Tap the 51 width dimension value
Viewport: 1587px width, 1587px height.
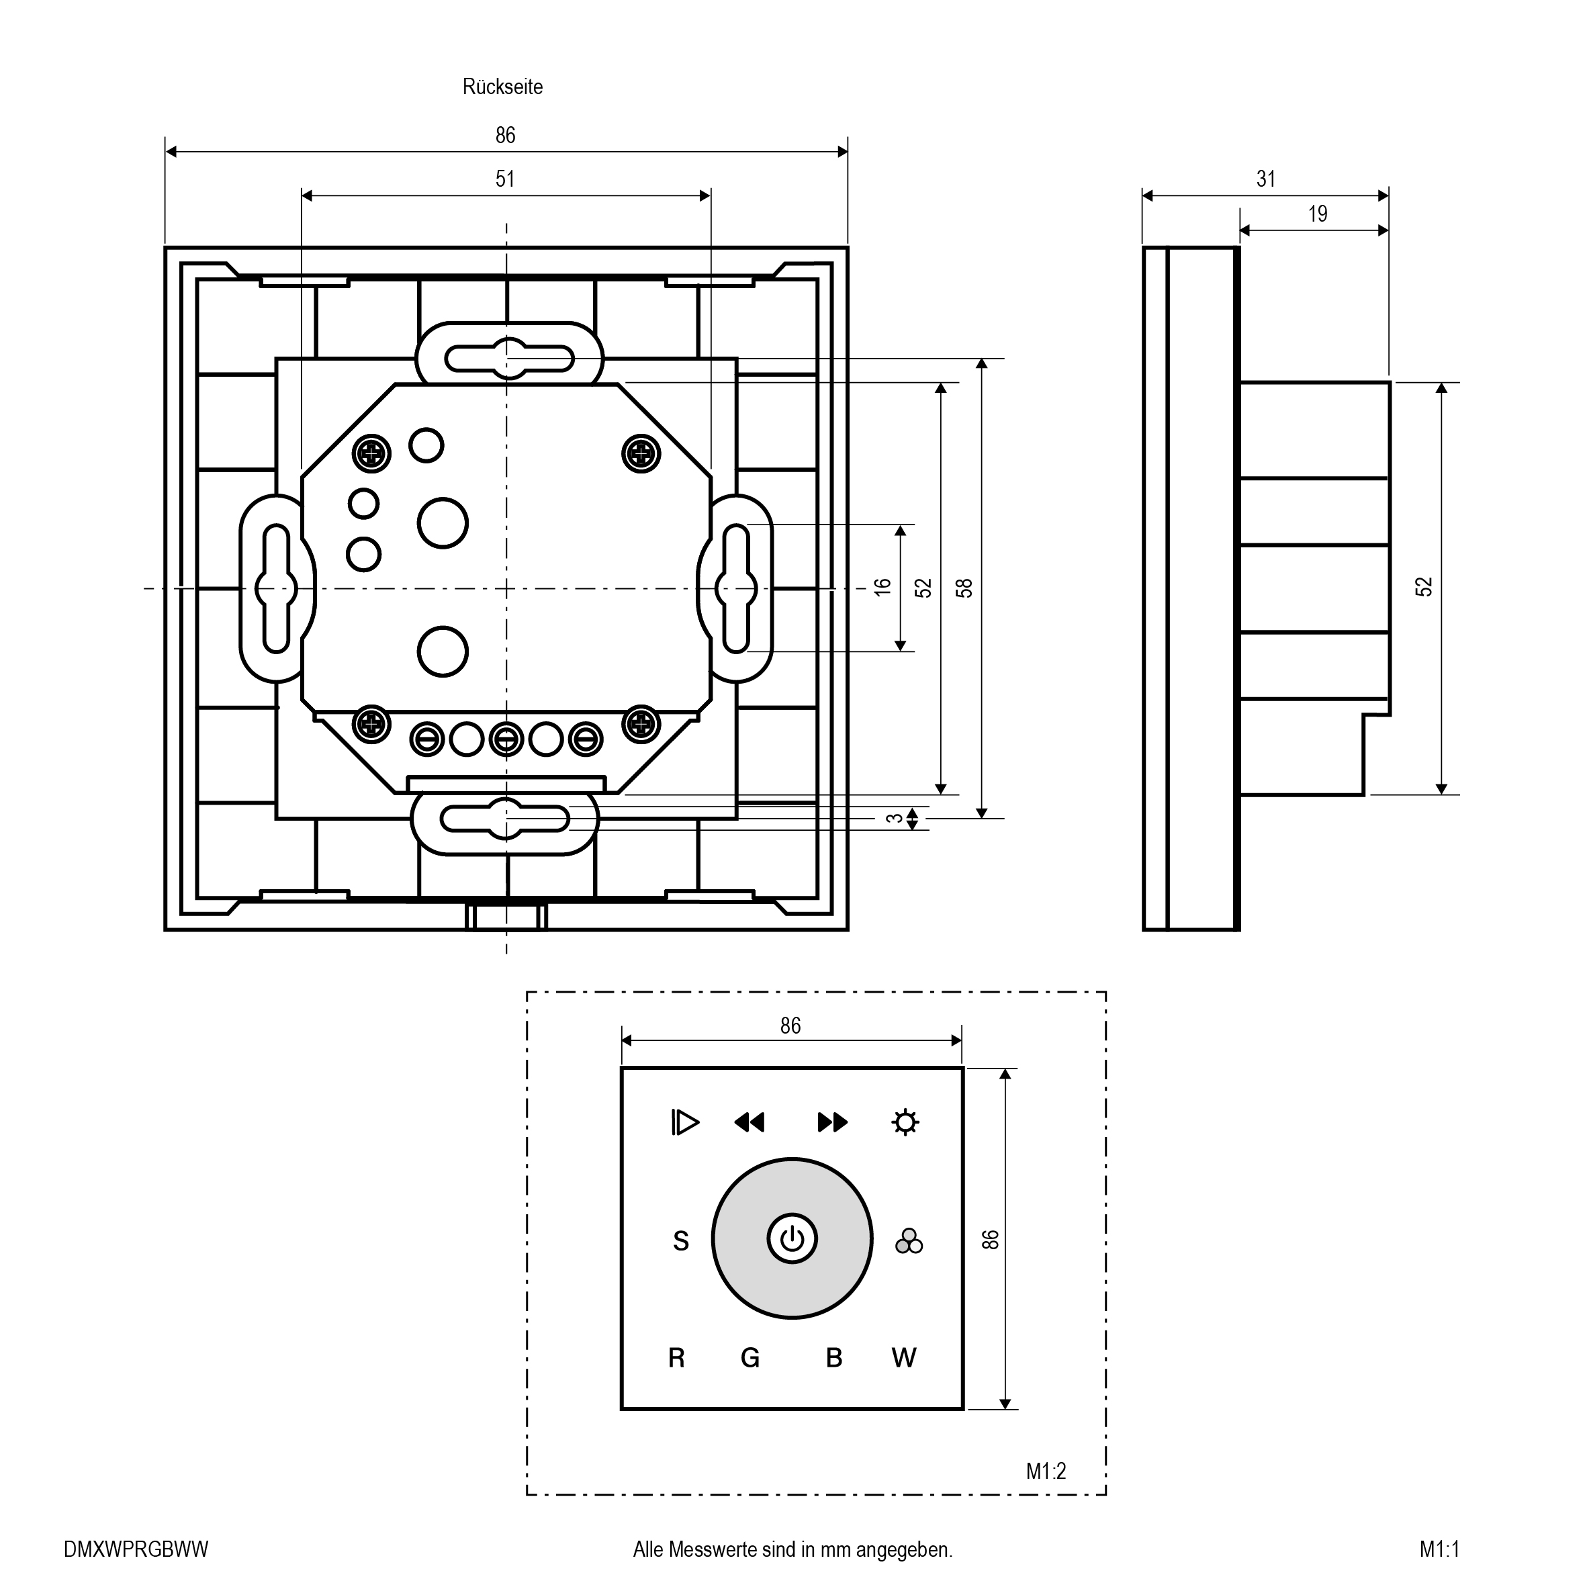click(504, 179)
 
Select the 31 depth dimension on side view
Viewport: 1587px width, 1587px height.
click(1266, 179)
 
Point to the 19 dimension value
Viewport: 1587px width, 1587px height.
click(1318, 214)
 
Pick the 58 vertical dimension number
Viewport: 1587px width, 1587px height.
click(964, 588)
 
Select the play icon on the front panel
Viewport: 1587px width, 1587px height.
click(684, 1122)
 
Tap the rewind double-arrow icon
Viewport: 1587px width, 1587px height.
click(749, 1122)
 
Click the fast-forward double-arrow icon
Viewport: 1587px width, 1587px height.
click(832, 1122)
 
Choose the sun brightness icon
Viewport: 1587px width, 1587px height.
click(905, 1122)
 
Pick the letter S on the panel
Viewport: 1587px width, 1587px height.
click(681, 1241)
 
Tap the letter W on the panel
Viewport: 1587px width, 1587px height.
click(903, 1359)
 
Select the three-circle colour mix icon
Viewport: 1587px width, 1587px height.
click(909, 1241)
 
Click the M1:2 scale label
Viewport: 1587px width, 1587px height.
click(1046, 1471)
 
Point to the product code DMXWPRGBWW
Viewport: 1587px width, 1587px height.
click(136, 1549)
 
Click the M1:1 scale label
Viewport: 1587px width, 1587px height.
click(1439, 1549)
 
